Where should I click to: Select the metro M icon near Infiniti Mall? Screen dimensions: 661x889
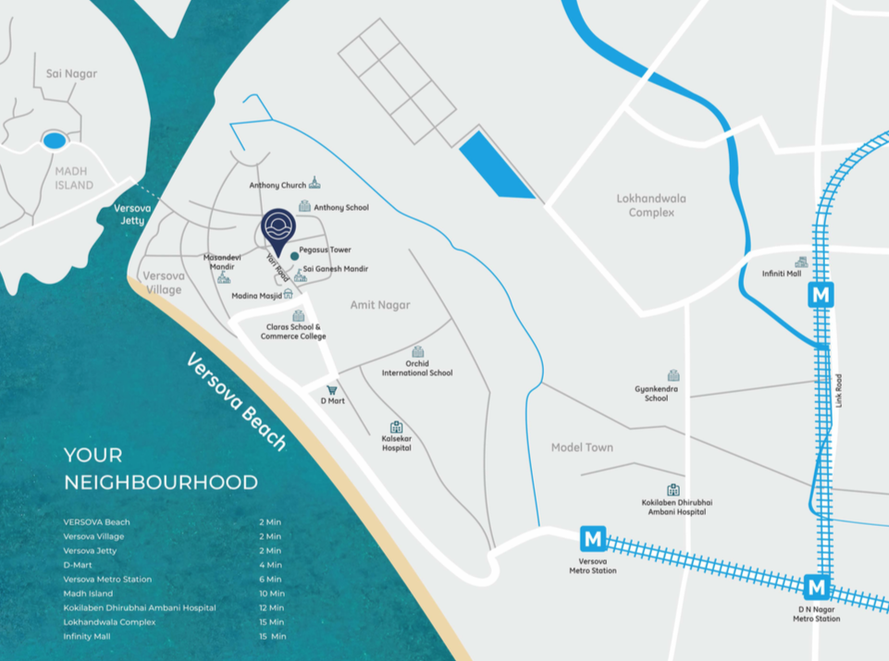tap(821, 295)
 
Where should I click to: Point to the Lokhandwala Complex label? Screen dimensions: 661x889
tap(651, 205)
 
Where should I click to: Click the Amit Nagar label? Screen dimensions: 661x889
tap(380, 304)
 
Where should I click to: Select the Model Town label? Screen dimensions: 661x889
tap(582, 447)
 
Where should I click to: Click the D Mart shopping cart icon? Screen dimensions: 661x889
tap(331, 390)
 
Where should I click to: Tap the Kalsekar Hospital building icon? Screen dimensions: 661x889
tap(396, 427)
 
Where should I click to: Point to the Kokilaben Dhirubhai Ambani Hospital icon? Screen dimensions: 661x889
tap(673, 490)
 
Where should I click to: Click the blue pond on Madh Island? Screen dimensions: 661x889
tap(55, 141)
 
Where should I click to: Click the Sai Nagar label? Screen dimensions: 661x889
tap(71, 74)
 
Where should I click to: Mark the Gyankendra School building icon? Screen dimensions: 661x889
tap(673, 375)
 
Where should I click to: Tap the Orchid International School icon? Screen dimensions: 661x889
tap(418, 352)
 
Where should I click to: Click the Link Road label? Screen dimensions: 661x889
tap(839, 390)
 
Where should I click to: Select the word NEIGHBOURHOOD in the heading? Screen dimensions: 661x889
tap(161, 482)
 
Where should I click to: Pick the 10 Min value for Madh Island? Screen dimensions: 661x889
tap(272, 594)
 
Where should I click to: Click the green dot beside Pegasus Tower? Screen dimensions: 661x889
tap(294, 255)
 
